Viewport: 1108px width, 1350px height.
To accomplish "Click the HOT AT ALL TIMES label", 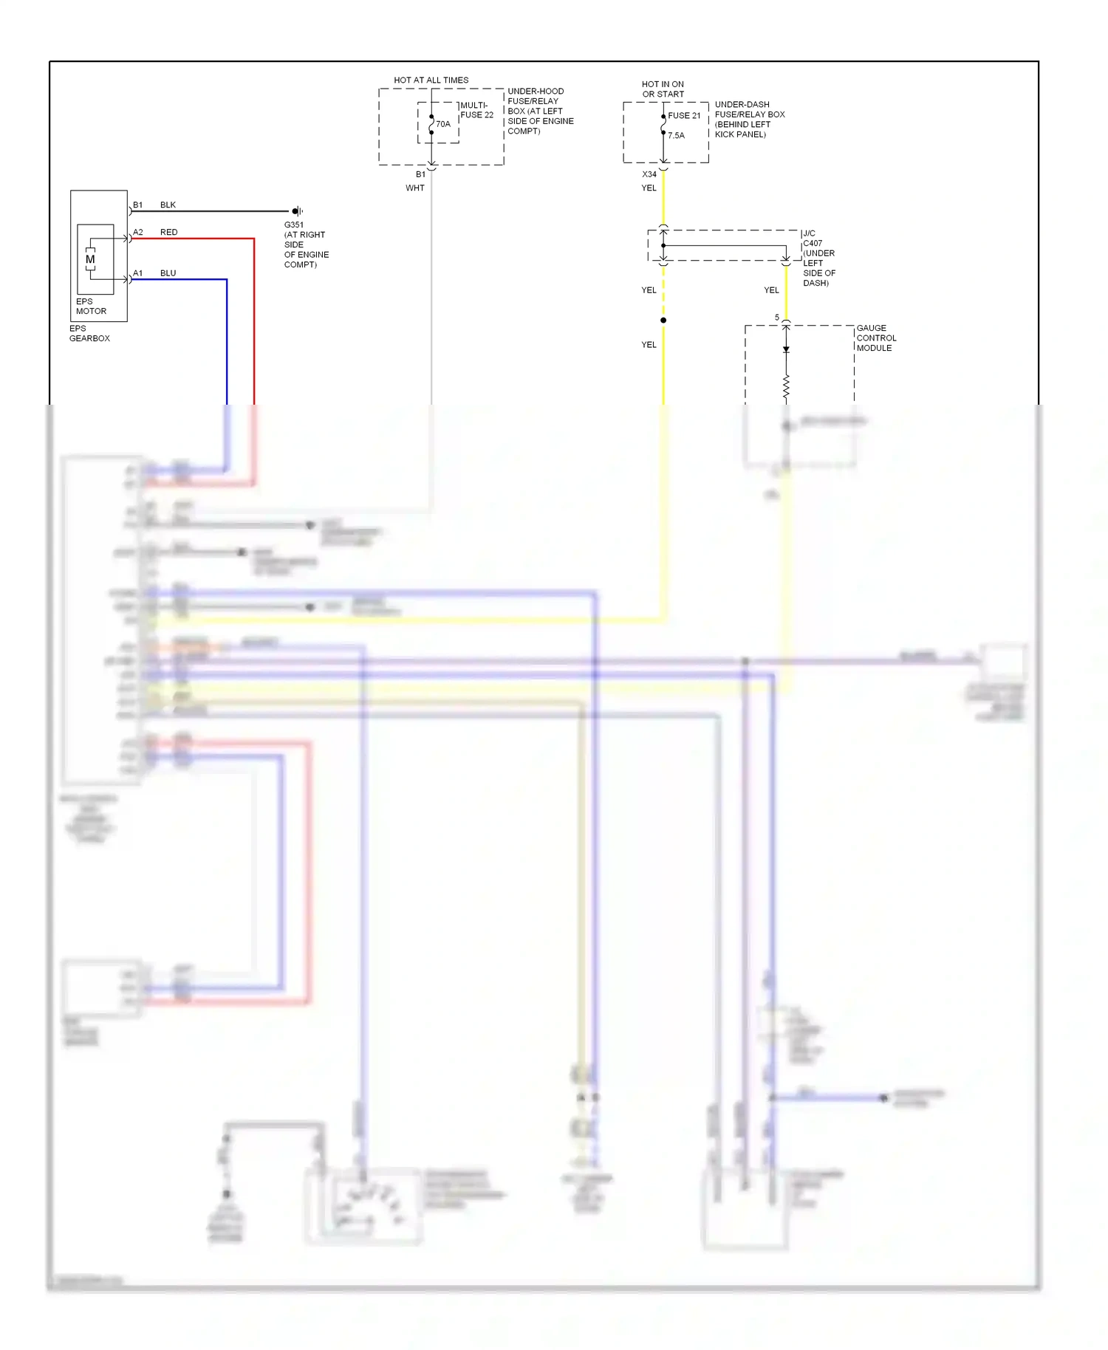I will pos(431,80).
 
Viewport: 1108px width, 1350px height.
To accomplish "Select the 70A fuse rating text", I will pos(443,124).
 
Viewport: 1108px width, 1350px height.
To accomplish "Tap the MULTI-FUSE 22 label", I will pos(476,110).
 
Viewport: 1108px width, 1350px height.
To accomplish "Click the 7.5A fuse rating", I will pos(676,136).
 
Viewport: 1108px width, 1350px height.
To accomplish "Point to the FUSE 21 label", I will pos(684,116).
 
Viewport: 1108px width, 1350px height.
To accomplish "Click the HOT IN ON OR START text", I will pos(663,89).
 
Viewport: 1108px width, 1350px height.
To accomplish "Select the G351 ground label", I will pos(294,225).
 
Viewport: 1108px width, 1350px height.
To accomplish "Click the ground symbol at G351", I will pos(296,211).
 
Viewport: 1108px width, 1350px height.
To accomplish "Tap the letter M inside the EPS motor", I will pos(90,259).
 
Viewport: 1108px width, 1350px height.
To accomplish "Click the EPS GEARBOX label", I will pos(89,333).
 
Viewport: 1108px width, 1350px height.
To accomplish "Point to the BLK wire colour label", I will pos(168,205).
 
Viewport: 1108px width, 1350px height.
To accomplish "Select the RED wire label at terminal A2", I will pos(168,232).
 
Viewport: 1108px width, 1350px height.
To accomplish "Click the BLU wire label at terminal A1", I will pos(168,273).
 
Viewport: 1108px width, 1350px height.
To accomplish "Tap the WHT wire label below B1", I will pos(415,188).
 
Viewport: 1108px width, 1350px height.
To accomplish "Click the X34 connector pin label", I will pos(649,174).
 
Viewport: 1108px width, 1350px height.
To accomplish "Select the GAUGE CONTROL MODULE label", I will pos(876,338).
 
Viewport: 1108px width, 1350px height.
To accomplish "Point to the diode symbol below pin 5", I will pos(786,349).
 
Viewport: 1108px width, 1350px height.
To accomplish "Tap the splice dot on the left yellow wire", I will pos(663,320).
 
